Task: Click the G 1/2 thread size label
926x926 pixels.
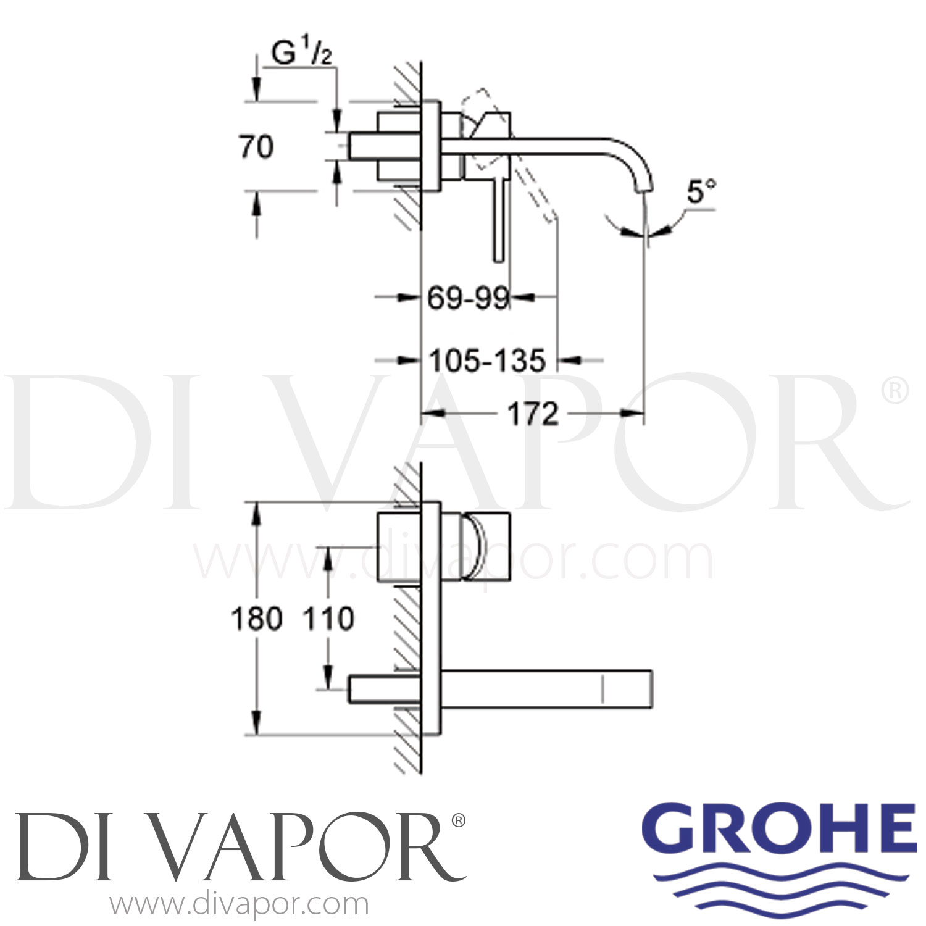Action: pos(302,54)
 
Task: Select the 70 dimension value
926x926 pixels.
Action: pos(256,148)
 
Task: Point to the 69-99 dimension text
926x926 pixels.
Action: pos(468,299)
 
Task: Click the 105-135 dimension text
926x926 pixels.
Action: pos(488,361)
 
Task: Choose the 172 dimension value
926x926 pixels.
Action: pos(533,414)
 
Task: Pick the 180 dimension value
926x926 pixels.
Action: pos(256,619)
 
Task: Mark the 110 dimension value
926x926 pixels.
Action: pos(328,619)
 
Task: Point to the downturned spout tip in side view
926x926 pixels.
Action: pos(644,184)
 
